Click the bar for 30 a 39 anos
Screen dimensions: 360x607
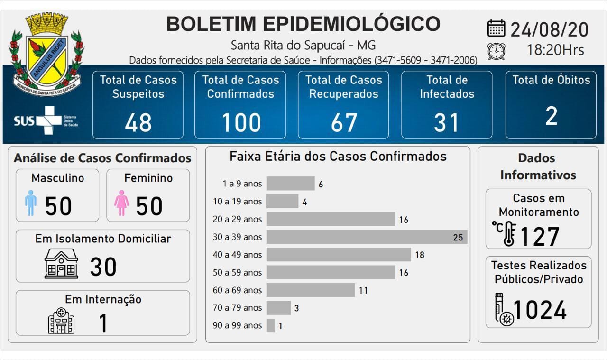tap(367, 237)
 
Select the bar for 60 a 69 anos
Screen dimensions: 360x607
tap(311, 290)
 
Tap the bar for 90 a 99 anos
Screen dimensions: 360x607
tap(270, 325)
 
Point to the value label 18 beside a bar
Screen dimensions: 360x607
tap(419, 255)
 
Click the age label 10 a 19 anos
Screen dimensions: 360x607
tap(237, 202)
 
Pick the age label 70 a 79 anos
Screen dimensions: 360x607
tap(237, 308)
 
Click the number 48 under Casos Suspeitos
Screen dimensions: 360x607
tap(138, 122)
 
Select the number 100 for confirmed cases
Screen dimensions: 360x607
tap(241, 122)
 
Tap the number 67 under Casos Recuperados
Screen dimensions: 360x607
tap(344, 122)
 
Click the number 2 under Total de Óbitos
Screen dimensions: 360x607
tap(551, 116)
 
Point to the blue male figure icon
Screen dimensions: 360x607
tap(31, 203)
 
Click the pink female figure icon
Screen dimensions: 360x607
tap(122, 203)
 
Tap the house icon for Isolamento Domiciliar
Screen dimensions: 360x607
tap(61, 264)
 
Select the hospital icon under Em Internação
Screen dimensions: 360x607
tap(61, 321)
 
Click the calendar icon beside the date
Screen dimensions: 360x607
tap(496, 28)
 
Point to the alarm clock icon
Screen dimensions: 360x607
tap(496, 51)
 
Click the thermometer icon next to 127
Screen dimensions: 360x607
tap(506, 233)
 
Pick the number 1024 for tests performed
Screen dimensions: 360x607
tap(540, 310)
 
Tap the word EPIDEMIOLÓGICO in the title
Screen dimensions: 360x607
tap(351, 24)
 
